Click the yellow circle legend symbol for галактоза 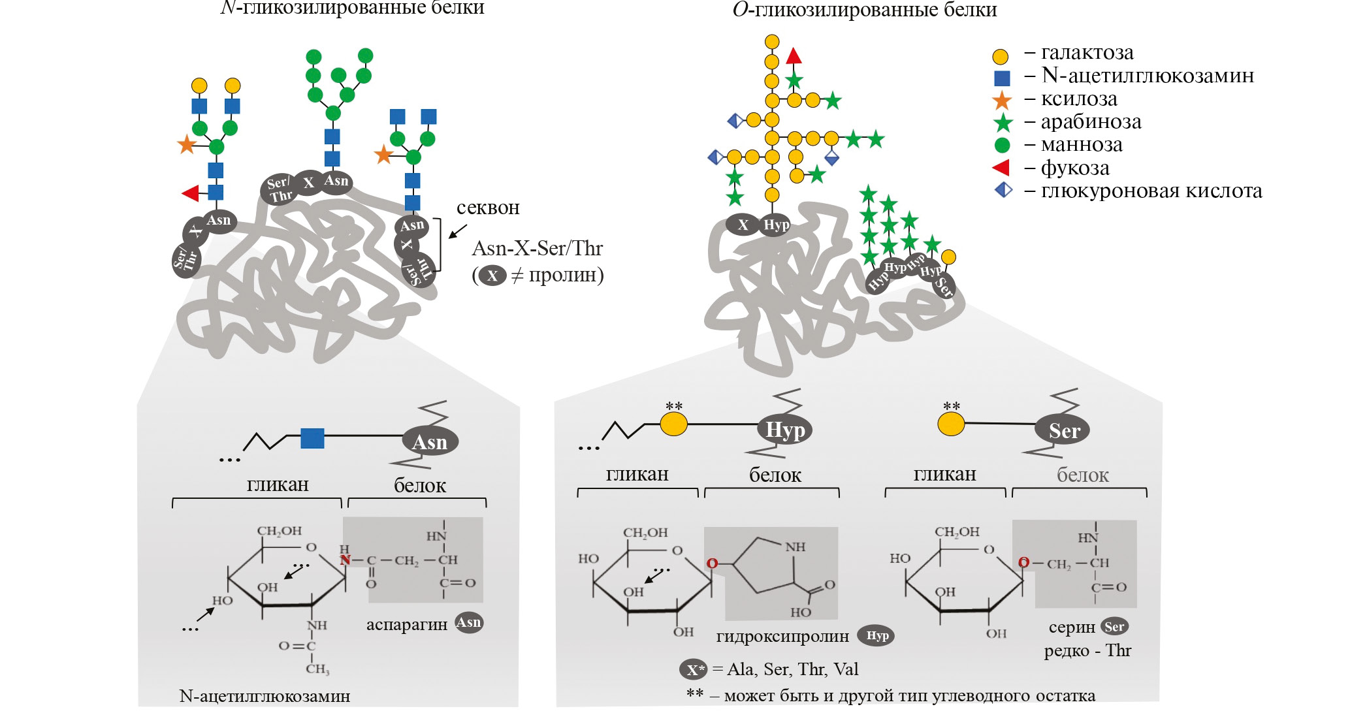click(1000, 56)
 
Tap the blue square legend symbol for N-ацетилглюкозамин click(1001, 78)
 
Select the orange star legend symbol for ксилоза click(1001, 101)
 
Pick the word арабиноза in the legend click(1091, 122)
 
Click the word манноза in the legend click(1081, 145)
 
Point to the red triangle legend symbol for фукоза click(1001, 168)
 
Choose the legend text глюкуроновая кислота click(1151, 191)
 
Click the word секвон click(488, 208)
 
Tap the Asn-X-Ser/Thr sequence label click(537, 249)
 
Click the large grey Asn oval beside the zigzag click(430, 442)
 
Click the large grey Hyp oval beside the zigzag click(784, 430)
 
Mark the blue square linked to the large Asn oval click(312, 438)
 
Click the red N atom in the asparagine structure click(345, 560)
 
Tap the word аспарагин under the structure click(406, 625)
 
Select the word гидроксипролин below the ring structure click(782, 636)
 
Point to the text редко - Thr click(1087, 651)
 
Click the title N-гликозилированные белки click(353, 8)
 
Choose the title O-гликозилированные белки click(864, 10)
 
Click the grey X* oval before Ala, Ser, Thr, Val click(693, 670)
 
